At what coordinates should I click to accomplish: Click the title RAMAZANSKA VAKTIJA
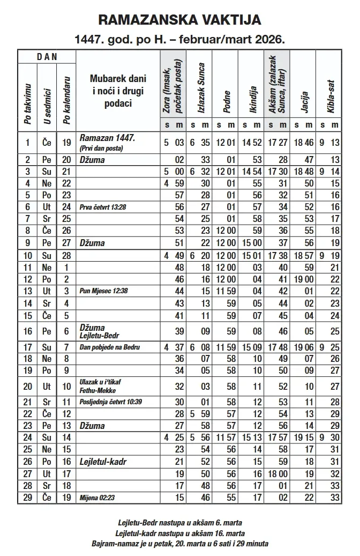pyautogui.click(x=180, y=21)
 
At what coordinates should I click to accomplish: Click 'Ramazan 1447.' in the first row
pyautogui.click(x=107, y=138)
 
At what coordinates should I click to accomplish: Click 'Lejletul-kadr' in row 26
pyautogui.click(x=106, y=461)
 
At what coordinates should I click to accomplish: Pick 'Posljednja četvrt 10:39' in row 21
pyautogui.click(x=112, y=402)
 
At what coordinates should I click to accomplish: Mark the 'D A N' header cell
pyautogui.click(x=47, y=56)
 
